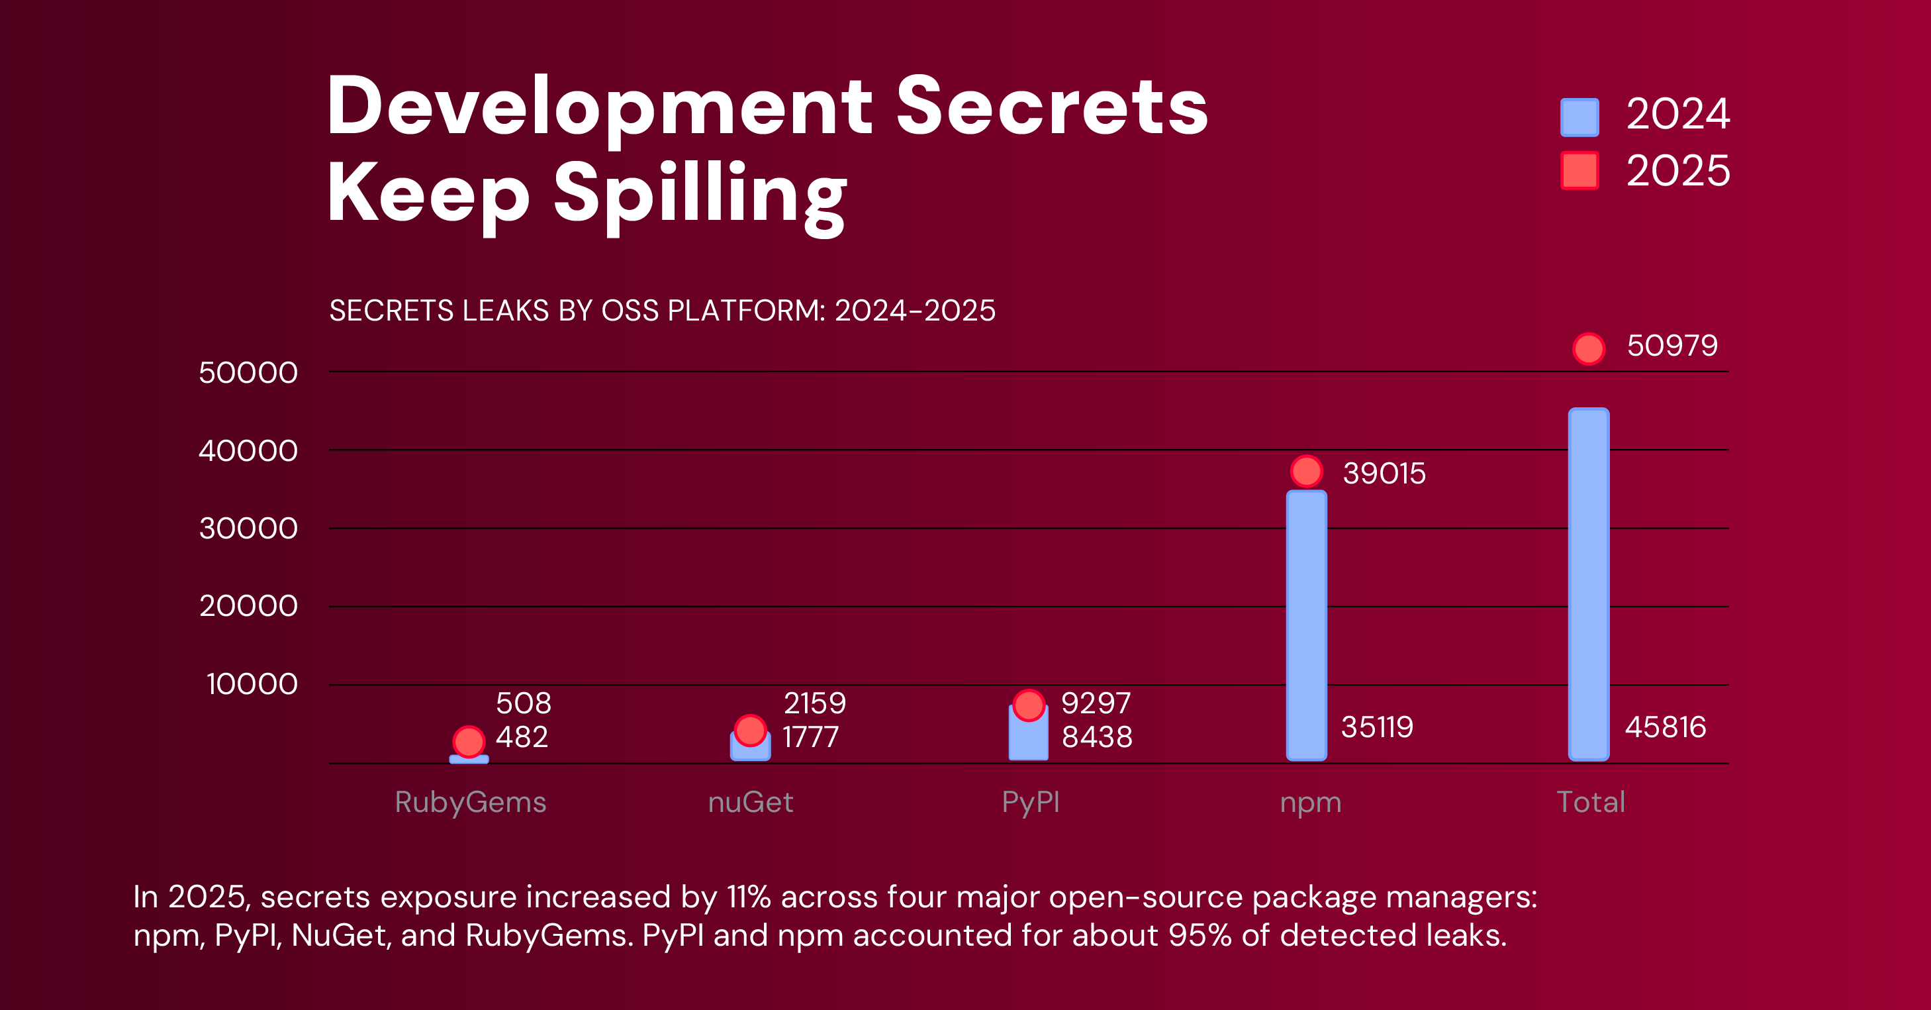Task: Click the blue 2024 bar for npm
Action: tap(1306, 626)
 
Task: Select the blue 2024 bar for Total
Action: tap(1589, 585)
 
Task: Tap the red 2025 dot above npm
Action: tap(1307, 472)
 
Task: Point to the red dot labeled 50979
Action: tap(1589, 348)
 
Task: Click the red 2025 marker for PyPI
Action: tap(1029, 705)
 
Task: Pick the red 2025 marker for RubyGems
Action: tap(469, 742)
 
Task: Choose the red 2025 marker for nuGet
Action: tap(749, 730)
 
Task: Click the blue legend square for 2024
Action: tap(1579, 118)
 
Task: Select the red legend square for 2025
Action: tap(1579, 171)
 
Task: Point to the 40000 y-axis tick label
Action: tap(248, 450)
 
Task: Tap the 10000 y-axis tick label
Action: tap(252, 684)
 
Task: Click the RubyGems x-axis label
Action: tap(470, 802)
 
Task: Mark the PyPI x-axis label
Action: tap(1031, 802)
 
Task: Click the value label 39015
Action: tap(1384, 473)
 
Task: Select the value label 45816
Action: tap(1665, 727)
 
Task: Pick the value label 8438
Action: tap(1097, 737)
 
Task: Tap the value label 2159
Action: tap(814, 703)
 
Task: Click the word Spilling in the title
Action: tap(700, 194)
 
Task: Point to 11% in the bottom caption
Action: tap(748, 897)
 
